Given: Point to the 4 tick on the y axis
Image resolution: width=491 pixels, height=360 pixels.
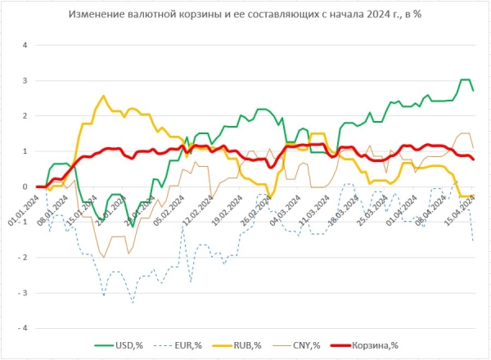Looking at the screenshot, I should pos(25,45).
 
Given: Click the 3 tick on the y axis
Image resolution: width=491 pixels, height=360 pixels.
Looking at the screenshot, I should pos(25,80).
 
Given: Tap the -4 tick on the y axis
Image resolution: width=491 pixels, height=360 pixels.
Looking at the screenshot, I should pos(23,328).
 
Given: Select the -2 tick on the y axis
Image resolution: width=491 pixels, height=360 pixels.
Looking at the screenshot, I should pos(23,258).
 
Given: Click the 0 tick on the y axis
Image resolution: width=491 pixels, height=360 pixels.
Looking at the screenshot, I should pos(25,187).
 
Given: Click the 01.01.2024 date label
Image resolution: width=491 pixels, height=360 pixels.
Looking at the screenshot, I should pos(25,209).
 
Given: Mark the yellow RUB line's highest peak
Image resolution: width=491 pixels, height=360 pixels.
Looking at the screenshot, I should pos(102,96).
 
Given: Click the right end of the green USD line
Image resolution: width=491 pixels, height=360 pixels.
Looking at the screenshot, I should pos(473,90).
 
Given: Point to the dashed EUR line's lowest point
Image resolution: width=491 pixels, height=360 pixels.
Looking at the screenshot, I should pos(133,303).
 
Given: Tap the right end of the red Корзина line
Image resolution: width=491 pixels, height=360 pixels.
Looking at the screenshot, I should pos(473,160).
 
